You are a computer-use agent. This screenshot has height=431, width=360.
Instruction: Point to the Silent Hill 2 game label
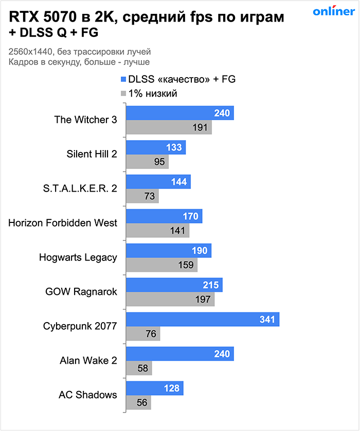pyautogui.click(x=92, y=154)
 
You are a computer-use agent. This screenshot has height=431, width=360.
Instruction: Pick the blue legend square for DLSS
pyautogui.click(x=123, y=80)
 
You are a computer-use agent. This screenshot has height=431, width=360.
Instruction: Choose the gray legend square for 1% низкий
pyautogui.click(x=123, y=93)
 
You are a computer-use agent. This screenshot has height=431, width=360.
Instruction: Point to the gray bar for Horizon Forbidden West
pyautogui.click(x=157, y=230)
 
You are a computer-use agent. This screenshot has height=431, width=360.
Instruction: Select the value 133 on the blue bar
pyautogui.click(x=174, y=147)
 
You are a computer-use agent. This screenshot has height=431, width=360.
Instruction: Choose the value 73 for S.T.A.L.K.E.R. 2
pyautogui.click(x=150, y=196)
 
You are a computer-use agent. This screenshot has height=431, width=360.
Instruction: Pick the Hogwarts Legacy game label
pyautogui.click(x=78, y=257)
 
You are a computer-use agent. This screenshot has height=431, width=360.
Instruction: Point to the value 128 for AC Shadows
pyautogui.click(x=172, y=388)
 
